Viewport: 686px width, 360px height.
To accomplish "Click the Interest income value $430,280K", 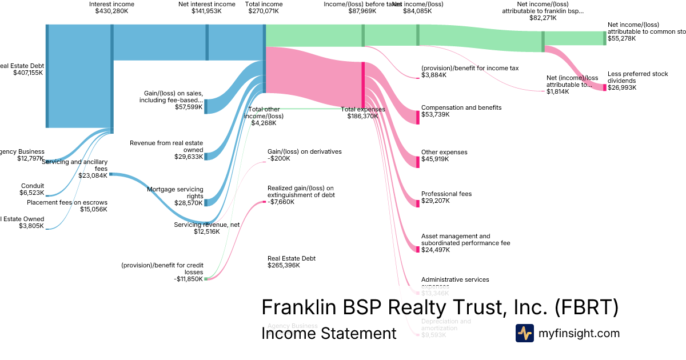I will point(111,11).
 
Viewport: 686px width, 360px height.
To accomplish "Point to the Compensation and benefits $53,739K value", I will point(436,114).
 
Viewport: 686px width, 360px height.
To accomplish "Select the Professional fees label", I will point(446,194).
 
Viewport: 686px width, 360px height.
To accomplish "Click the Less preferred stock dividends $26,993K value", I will point(622,87).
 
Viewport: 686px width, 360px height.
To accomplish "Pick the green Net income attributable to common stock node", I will point(604,38).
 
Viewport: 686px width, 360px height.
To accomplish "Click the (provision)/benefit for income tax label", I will point(470,68).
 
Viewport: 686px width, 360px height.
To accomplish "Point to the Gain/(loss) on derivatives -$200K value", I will point(279,158).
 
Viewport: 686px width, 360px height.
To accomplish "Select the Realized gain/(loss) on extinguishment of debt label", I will point(301,191).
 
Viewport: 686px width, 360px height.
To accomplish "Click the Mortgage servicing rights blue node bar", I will point(206,202).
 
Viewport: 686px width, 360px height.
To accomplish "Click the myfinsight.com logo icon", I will point(525,333).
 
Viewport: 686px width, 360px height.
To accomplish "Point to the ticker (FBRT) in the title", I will point(587,307).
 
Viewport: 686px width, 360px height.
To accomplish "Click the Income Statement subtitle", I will point(329,333).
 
